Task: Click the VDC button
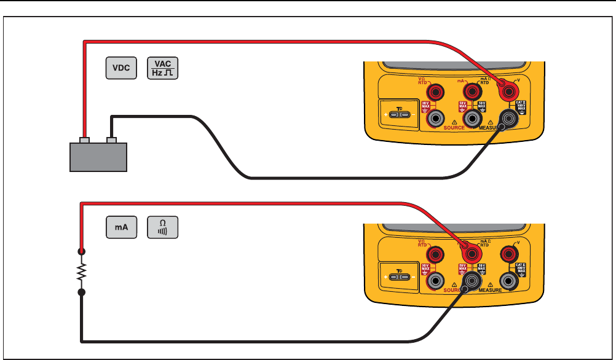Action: [x=120, y=68]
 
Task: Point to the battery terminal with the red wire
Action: [x=85, y=139]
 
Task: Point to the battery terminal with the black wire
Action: [x=111, y=139]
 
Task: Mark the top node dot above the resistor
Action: [x=81, y=251]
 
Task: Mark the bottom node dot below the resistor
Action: [x=81, y=293]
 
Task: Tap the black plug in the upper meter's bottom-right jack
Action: [x=508, y=118]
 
